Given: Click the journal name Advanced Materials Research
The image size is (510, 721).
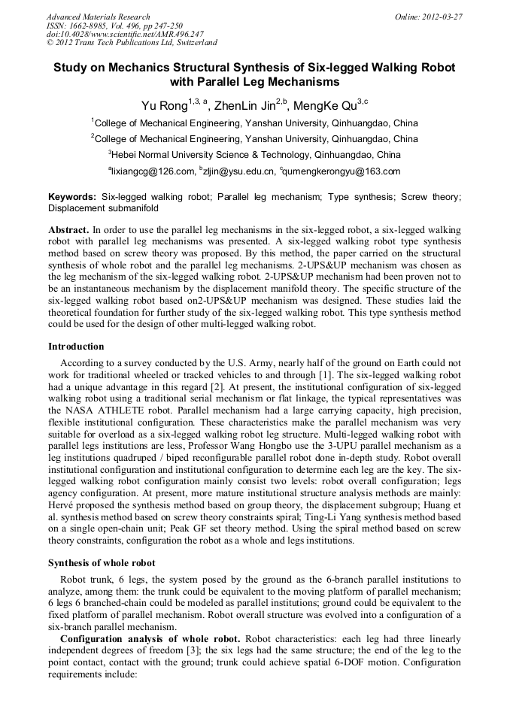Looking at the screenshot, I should coord(98,17).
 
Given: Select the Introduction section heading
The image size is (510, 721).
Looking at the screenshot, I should coord(76,347).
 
